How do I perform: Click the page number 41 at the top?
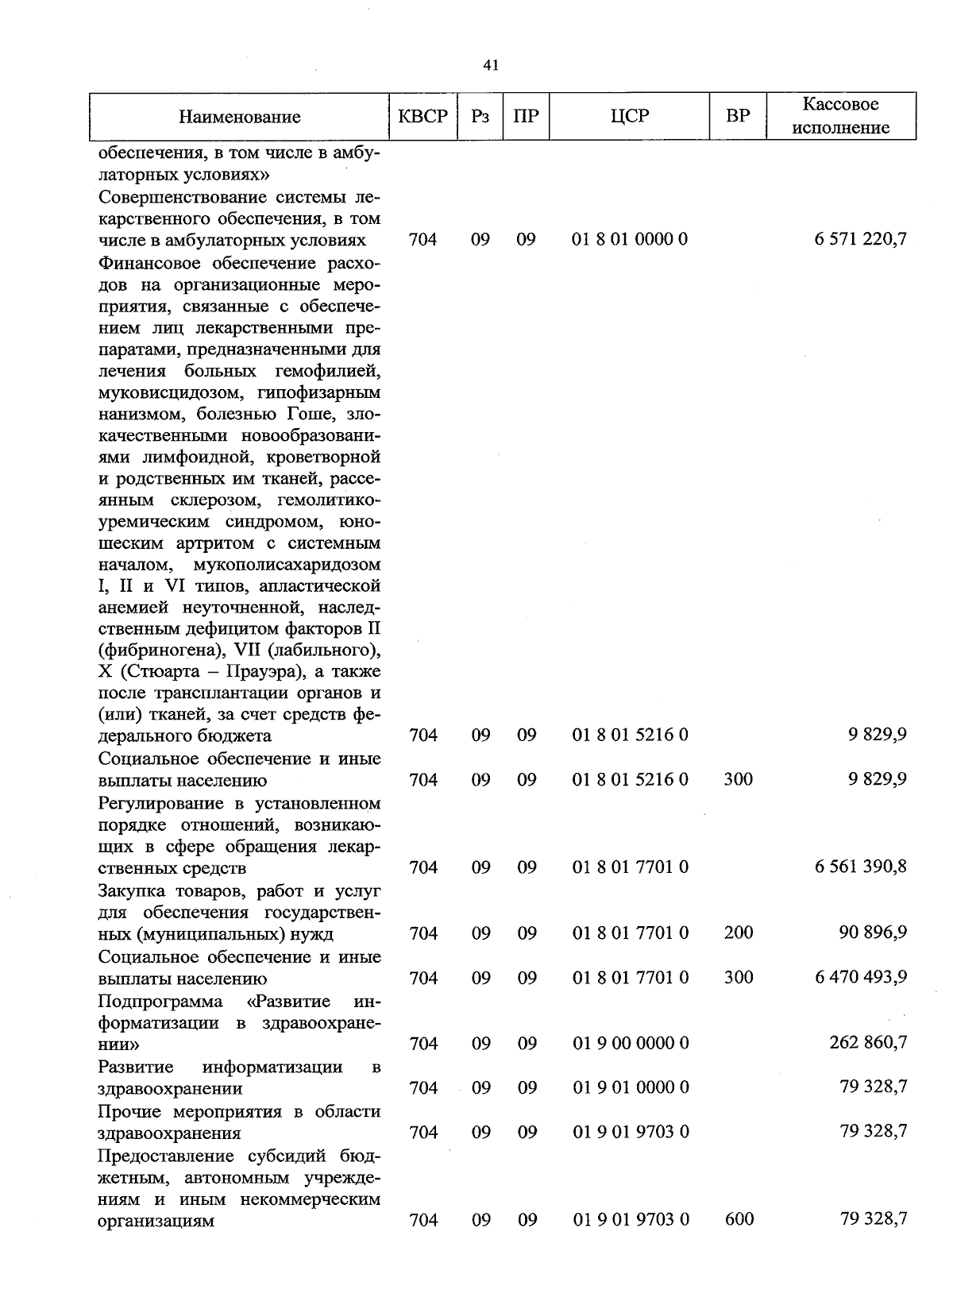(x=490, y=66)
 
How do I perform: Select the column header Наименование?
(x=239, y=118)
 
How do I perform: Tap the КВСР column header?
(x=422, y=116)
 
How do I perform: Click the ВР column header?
(x=738, y=116)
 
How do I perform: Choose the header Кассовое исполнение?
(x=840, y=116)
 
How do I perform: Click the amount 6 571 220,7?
(x=860, y=239)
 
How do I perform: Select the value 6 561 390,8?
(x=860, y=867)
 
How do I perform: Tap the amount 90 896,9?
(x=873, y=932)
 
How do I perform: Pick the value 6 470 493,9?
(x=860, y=977)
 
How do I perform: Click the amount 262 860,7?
(x=868, y=1043)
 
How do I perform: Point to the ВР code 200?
(x=738, y=932)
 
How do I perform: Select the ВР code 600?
(x=739, y=1219)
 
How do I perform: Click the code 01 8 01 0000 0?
(x=630, y=239)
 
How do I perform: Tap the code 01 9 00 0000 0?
(x=630, y=1043)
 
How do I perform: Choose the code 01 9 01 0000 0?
(x=630, y=1087)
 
